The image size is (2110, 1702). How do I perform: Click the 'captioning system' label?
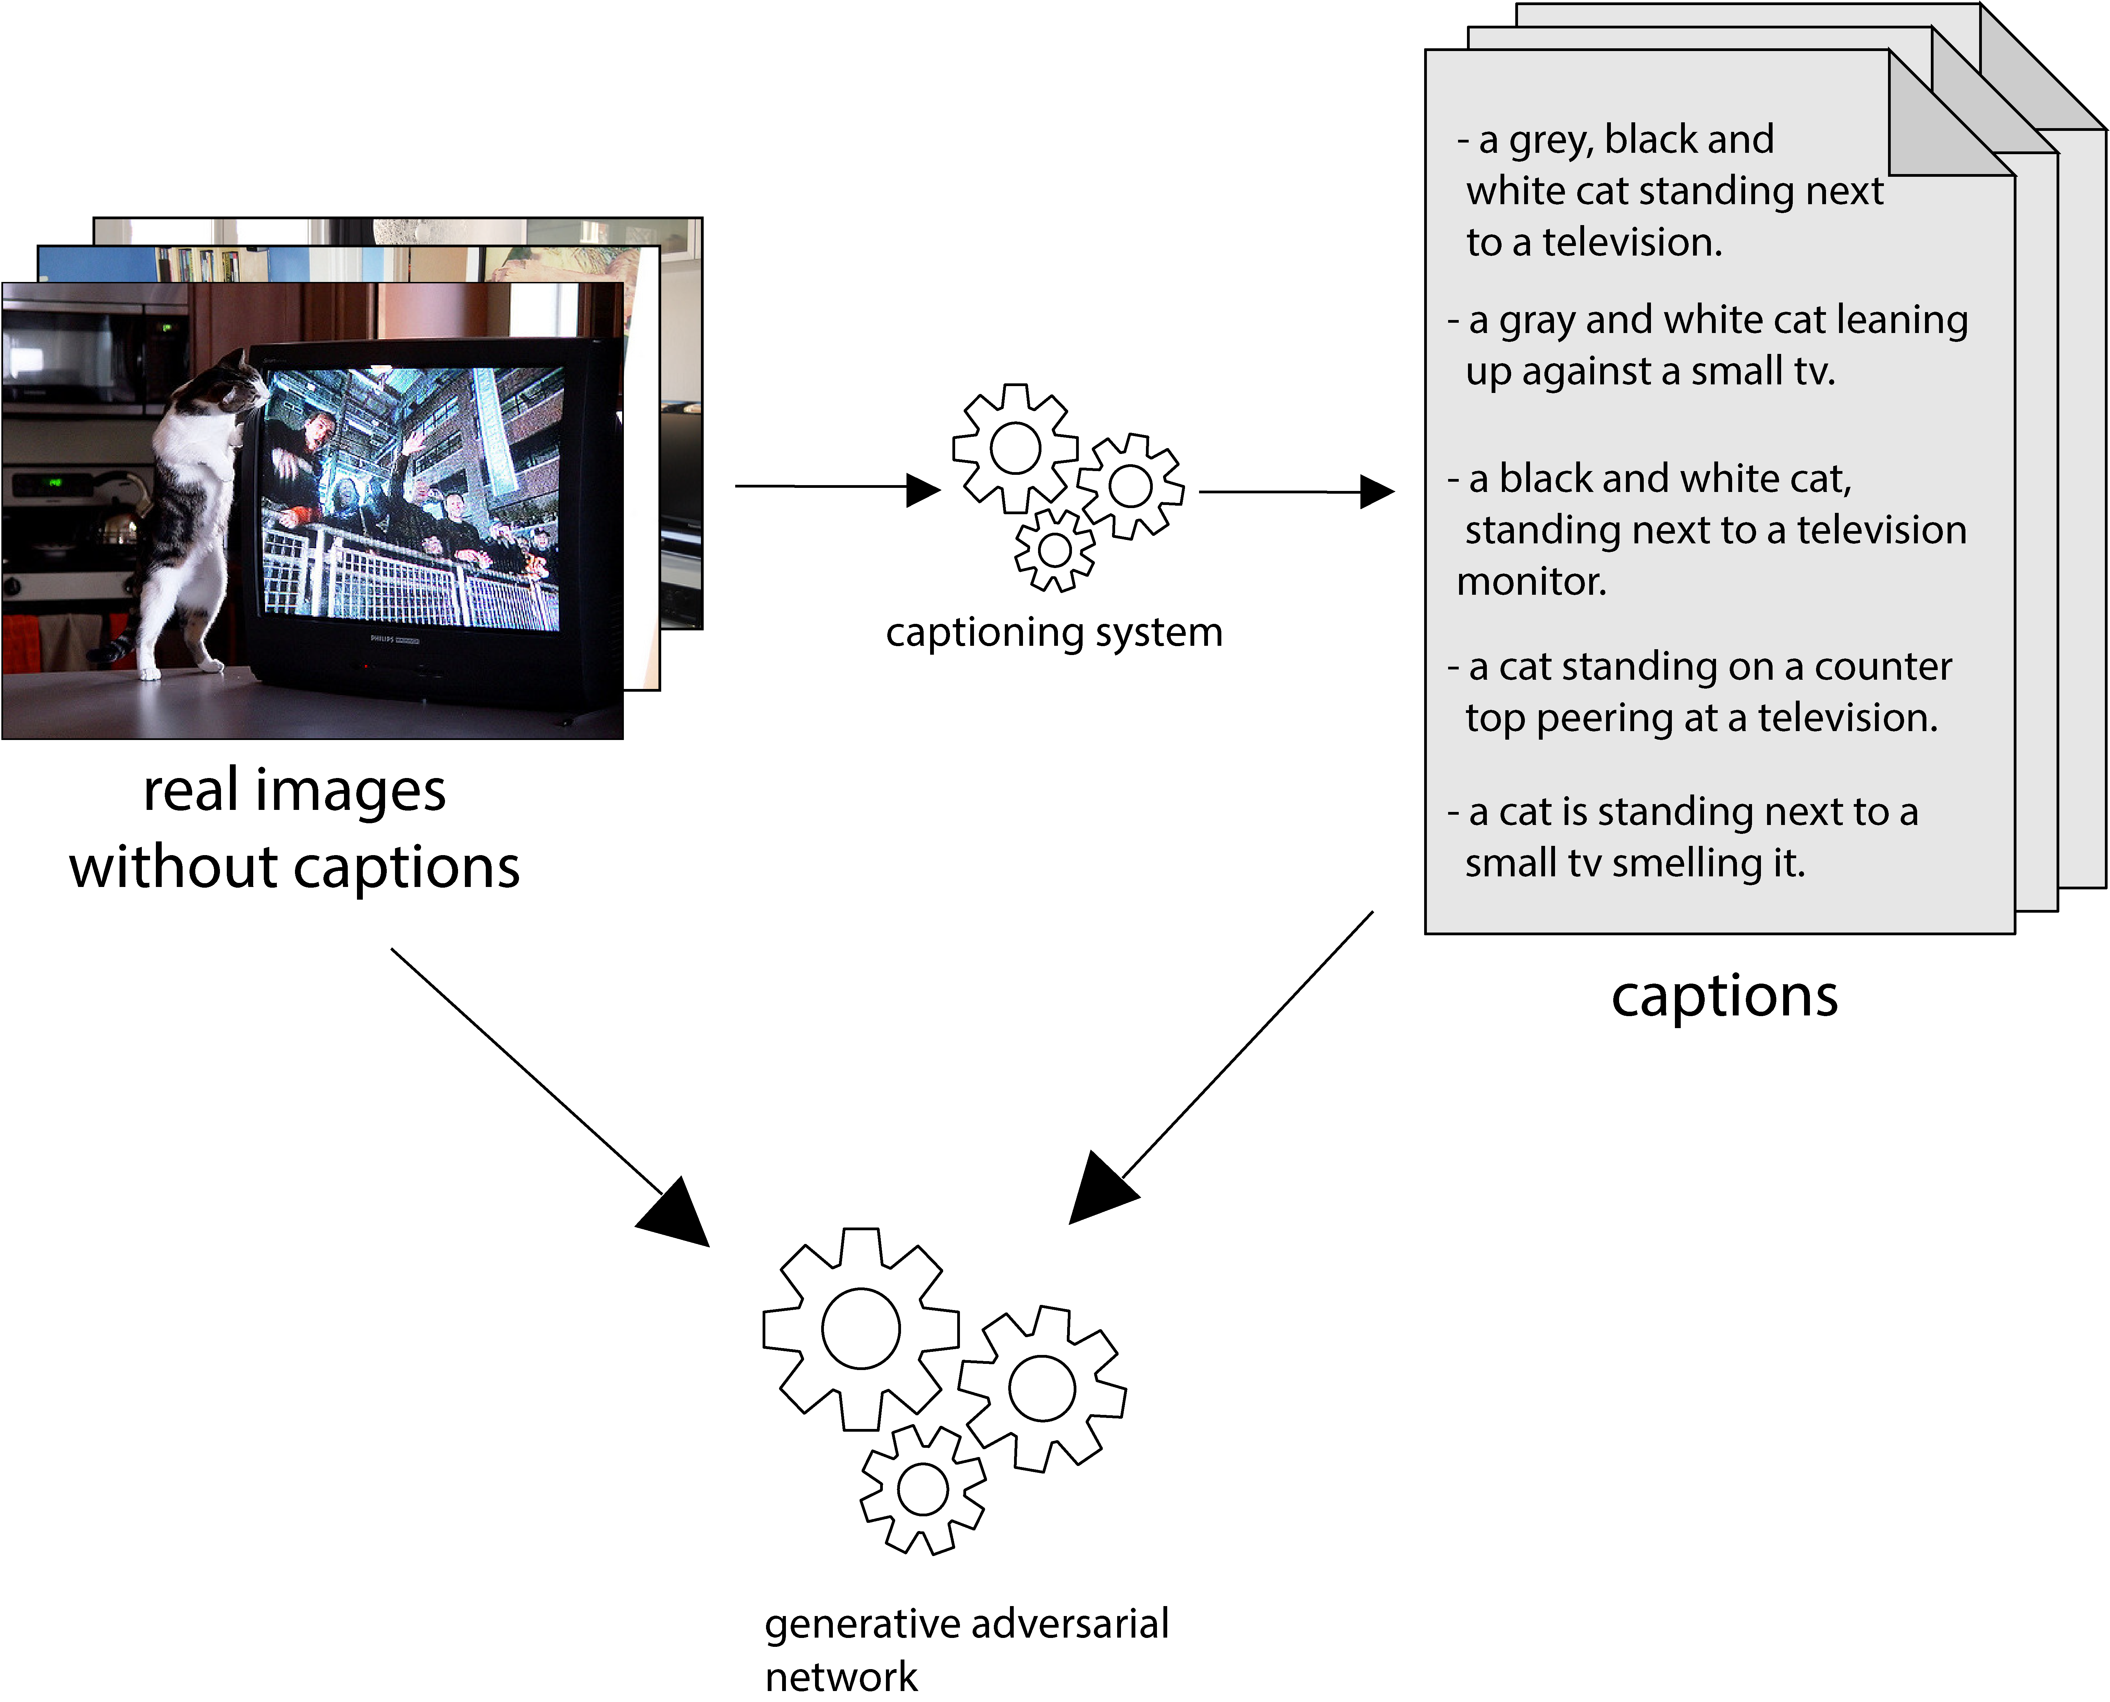[x=1054, y=632]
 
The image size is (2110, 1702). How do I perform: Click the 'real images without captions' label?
[x=294, y=828]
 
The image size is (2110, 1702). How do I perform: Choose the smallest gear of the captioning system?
[x=1054, y=550]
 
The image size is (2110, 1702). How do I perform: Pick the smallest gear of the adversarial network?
[x=923, y=1490]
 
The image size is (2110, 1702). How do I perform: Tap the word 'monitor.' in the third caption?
[x=1531, y=582]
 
